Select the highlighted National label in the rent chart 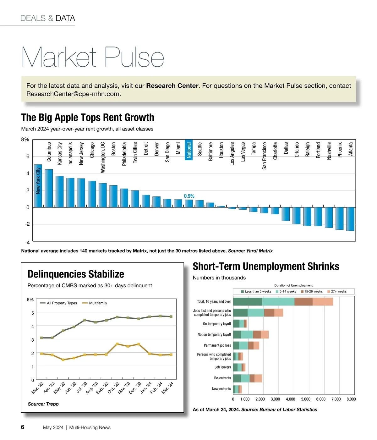[189, 150]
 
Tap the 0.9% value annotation [189, 196]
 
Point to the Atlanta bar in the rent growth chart [350, 219]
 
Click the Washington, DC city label [103, 157]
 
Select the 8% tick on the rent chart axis [25, 140]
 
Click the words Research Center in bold [172, 86]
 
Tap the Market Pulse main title [93, 57]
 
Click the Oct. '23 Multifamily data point [117, 344]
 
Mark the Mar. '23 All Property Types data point [41, 338]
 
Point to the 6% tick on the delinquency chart [30, 300]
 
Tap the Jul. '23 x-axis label [82, 388]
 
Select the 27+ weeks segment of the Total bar [323, 302]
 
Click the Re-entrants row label [222, 378]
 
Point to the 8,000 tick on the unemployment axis [351, 399]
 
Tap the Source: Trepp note [43, 404]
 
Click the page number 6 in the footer [23, 427]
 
